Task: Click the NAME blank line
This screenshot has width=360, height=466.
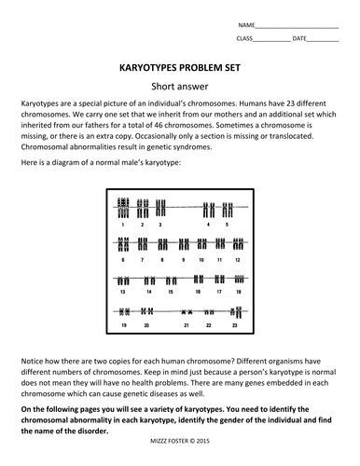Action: click(x=297, y=28)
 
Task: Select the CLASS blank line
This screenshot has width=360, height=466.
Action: click(x=271, y=41)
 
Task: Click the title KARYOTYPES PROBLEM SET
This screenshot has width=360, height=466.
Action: click(x=180, y=68)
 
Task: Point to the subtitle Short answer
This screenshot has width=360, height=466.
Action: click(x=180, y=87)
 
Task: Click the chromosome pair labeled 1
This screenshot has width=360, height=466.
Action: click(x=123, y=208)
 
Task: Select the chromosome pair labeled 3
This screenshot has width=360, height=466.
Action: click(x=160, y=208)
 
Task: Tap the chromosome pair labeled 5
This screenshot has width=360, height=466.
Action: click(x=228, y=210)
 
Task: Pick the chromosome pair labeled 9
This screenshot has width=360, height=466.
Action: click(x=184, y=244)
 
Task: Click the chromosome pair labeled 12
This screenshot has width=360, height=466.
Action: click(x=238, y=244)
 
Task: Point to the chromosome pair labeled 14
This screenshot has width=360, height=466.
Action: click(x=149, y=281)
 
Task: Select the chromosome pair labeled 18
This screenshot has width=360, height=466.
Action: click(x=239, y=279)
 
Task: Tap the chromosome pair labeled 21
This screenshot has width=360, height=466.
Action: click(x=187, y=311)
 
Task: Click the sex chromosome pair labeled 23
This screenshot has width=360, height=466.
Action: click(x=236, y=312)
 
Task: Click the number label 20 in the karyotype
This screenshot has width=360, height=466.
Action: click(x=146, y=325)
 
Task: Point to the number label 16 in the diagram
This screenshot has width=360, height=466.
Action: click(x=198, y=292)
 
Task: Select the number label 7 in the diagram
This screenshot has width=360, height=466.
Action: click(x=142, y=260)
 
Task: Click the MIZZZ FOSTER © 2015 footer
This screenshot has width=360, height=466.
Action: click(x=180, y=441)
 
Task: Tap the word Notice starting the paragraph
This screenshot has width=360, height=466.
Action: click(x=32, y=362)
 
